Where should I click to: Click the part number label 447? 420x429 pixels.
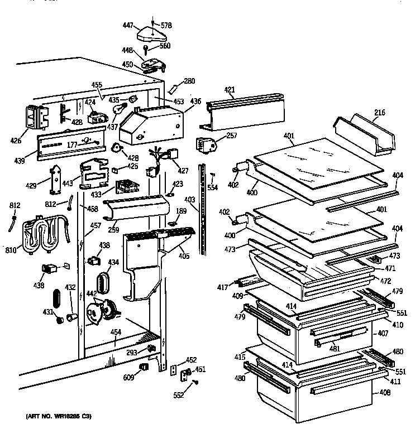[127, 26]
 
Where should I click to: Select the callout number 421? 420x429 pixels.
[230, 90]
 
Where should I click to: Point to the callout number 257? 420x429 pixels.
[232, 136]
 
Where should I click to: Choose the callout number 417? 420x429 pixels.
[223, 288]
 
